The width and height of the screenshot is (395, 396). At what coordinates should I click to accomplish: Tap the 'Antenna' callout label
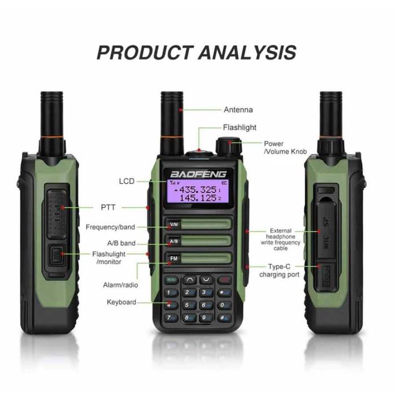tap(238, 110)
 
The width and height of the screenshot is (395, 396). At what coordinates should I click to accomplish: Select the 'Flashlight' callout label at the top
tap(240, 128)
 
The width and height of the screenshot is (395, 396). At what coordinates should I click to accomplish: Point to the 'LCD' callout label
tap(127, 182)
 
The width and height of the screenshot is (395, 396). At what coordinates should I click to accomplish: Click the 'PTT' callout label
tap(108, 208)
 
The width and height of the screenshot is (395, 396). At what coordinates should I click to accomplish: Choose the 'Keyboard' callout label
tap(121, 302)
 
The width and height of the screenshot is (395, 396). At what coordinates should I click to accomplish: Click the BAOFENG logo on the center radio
tap(199, 174)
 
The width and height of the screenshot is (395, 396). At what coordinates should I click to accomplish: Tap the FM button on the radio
tap(174, 259)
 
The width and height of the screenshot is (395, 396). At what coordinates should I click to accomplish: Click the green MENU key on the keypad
tap(171, 279)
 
